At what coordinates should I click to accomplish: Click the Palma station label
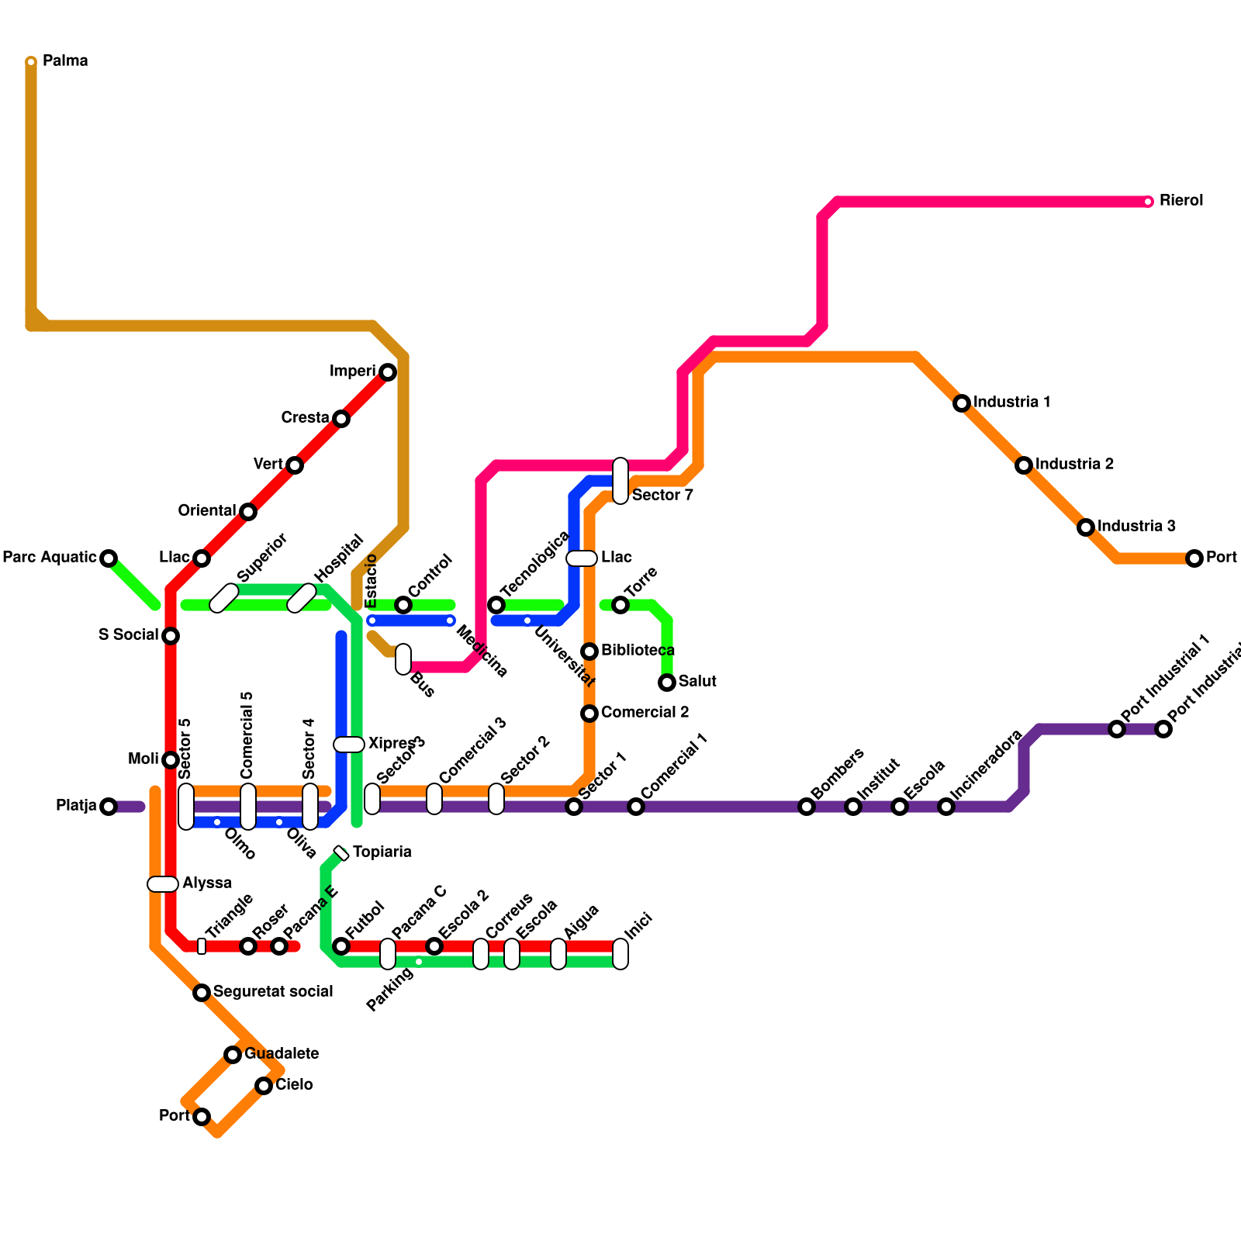coord(65,60)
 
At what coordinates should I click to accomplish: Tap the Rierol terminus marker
coord(1149,202)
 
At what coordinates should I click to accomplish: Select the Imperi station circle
coord(388,372)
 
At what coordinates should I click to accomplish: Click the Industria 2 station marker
coord(1024,465)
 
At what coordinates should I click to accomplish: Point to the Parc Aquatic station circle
coord(109,558)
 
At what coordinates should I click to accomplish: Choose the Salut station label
coord(697,681)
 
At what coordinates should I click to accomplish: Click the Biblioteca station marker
coord(589,652)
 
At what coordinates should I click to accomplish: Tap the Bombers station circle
coord(807,807)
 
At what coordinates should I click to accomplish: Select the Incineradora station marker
coord(946,807)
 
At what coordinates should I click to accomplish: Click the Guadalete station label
coord(282,1053)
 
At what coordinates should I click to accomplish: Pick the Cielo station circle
coord(264,1086)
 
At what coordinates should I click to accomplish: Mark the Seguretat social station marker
coord(202,993)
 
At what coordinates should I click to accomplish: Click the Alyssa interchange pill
coord(163,884)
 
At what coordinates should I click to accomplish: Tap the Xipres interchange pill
coord(349,745)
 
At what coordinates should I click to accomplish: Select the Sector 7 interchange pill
coord(620,481)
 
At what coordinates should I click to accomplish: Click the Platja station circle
coord(109,807)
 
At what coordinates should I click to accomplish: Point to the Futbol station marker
coord(341,946)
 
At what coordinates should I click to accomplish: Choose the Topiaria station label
coord(382,852)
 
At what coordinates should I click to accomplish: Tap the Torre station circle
coord(620,605)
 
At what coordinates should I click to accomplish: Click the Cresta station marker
coord(341,419)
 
